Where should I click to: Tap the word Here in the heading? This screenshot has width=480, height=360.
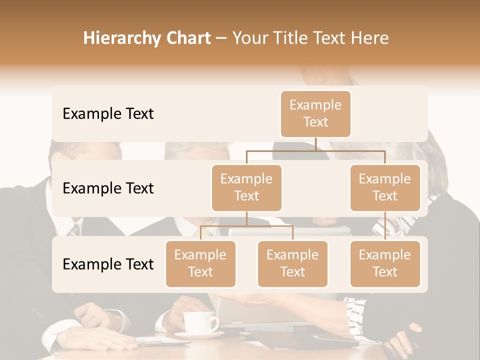click(x=370, y=38)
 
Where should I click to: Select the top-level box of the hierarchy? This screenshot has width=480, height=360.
click(x=315, y=114)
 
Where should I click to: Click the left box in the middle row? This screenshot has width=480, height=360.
click(x=246, y=187)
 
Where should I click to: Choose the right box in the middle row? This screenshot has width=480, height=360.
click(x=385, y=187)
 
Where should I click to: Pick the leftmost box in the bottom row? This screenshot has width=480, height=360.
click(x=200, y=263)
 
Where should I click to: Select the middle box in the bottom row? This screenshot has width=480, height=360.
click(x=292, y=263)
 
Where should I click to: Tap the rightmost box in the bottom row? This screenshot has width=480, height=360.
click(x=385, y=263)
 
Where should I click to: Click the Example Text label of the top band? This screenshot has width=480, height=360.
click(x=108, y=114)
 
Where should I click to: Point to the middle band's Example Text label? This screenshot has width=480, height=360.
click(x=108, y=188)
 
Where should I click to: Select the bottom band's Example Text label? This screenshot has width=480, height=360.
click(x=108, y=264)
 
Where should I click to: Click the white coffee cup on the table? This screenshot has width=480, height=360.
click(x=197, y=322)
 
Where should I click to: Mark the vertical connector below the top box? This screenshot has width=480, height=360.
click(x=315, y=144)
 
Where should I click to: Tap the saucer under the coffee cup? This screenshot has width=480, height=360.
click(x=198, y=335)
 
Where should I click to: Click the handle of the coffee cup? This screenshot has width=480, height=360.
click(x=215, y=322)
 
